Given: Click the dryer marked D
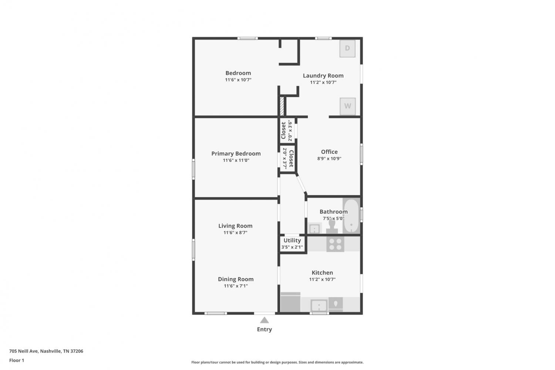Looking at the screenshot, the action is click(347, 49).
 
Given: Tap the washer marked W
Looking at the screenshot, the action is click(348, 106).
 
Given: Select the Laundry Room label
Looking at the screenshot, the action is click(323, 76).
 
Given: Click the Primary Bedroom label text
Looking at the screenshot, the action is click(236, 153).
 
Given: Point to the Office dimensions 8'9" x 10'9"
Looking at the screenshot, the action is click(329, 159).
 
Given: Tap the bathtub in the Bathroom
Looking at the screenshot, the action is click(351, 216).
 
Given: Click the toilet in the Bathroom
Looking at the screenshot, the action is click(332, 226).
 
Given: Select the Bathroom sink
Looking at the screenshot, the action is click(314, 229).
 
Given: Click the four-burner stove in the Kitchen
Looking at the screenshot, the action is click(335, 244).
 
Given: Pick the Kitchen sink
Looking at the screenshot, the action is click(319, 305).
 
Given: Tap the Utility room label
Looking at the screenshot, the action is click(292, 240).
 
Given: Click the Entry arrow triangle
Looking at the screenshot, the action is click(265, 320).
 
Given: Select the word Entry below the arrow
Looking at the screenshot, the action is click(265, 329).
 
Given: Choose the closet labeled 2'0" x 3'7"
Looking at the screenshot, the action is click(287, 159).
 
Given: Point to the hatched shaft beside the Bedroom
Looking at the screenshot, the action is click(282, 106).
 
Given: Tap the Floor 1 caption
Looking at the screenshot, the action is click(17, 360).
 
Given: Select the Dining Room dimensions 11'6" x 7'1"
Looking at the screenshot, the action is click(236, 286).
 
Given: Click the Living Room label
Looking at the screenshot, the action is click(235, 226).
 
